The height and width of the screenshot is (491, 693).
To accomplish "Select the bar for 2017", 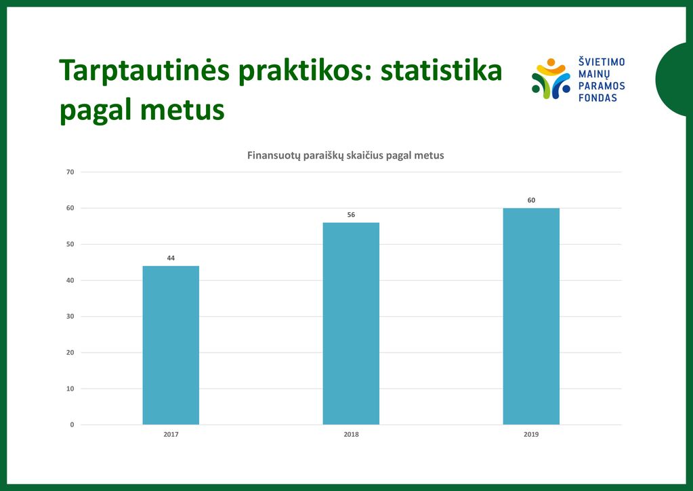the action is (x=171, y=345).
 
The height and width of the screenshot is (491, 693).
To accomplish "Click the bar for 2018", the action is (x=351, y=323).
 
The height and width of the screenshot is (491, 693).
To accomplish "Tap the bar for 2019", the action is (x=531, y=316).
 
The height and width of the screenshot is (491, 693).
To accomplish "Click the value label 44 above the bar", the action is (x=171, y=258).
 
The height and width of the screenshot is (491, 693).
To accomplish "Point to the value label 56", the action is (x=351, y=214).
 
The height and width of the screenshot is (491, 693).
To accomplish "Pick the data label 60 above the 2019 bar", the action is (x=531, y=200).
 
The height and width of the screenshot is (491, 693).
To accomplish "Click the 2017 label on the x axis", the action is (x=171, y=435).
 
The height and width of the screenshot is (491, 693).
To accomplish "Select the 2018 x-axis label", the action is (x=352, y=435).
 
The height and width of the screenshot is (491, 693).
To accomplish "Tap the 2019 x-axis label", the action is (x=531, y=435).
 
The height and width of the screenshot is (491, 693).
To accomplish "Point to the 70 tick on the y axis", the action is (x=70, y=172).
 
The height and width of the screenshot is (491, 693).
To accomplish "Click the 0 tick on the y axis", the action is (x=72, y=425).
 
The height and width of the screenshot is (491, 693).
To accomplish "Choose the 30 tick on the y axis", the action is (x=70, y=316).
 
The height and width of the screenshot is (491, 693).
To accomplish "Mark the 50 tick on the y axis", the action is (x=70, y=244).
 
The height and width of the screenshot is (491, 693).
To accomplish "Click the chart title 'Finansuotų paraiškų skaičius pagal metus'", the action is (x=345, y=156).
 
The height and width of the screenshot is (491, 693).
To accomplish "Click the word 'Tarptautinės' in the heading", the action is (x=144, y=71).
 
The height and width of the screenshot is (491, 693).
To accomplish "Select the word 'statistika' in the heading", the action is (x=441, y=70).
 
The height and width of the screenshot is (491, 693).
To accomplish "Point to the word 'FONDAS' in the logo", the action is (x=597, y=98).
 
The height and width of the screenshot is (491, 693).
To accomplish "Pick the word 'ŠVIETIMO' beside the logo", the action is (x=602, y=62).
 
